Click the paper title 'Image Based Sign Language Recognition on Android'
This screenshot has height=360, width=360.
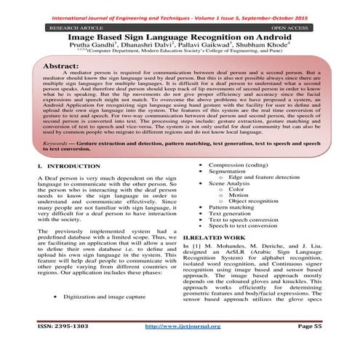[180, 34]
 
